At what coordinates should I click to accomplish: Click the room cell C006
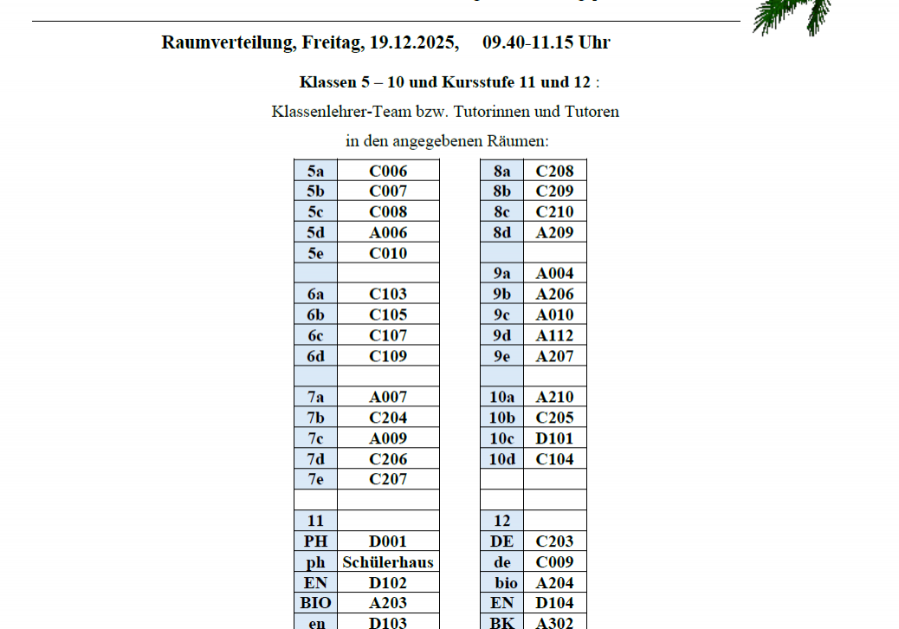click(x=388, y=171)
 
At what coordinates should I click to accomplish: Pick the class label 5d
click(x=315, y=232)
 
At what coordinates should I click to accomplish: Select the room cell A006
click(x=388, y=232)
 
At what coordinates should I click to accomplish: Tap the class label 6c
click(x=315, y=335)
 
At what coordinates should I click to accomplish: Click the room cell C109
click(x=388, y=356)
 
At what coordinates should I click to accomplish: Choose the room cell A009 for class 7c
click(x=388, y=438)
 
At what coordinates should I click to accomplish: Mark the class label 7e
click(x=315, y=479)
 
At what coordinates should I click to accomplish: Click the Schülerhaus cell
click(x=388, y=562)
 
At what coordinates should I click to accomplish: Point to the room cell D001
click(x=388, y=541)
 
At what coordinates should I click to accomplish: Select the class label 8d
click(x=502, y=232)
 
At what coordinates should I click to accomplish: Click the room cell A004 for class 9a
click(x=554, y=274)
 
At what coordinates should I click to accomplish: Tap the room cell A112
click(x=554, y=335)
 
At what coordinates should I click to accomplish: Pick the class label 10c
click(x=502, y=438)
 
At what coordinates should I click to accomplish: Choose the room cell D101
click(x=554, y=438)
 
